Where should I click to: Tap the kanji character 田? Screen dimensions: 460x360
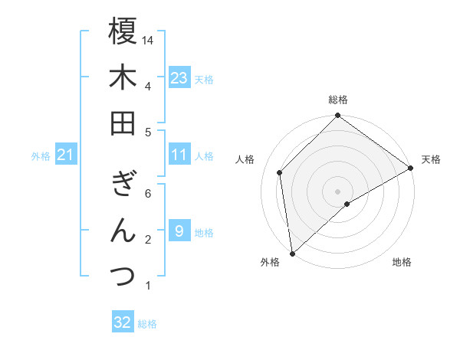(x=123, y=123)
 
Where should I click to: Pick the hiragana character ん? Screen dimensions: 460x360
(x=123, y=231)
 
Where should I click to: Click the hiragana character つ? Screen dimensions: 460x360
(x=123, y=277)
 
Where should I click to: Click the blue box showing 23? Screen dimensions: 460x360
(x=179, y=78)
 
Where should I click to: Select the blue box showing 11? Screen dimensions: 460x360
(x=179, y=155)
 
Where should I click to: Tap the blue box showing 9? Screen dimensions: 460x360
(x=179, y=231)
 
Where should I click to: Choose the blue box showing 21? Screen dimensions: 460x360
(x=65, y=155)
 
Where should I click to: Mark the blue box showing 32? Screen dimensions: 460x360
(x=123, y=322)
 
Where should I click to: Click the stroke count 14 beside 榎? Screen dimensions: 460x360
(x=149, y=39)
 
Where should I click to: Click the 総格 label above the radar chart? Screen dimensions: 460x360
(x=337, y=100)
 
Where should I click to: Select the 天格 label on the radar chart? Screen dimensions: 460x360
(x=431, y=159)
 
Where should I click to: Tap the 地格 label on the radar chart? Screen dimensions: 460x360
(x=402, y=262)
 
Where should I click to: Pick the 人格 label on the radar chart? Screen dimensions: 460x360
(x=245, y=159)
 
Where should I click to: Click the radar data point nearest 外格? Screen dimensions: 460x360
(x=292, y=253)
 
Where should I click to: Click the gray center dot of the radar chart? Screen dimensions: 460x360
(x=337, y=191)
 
